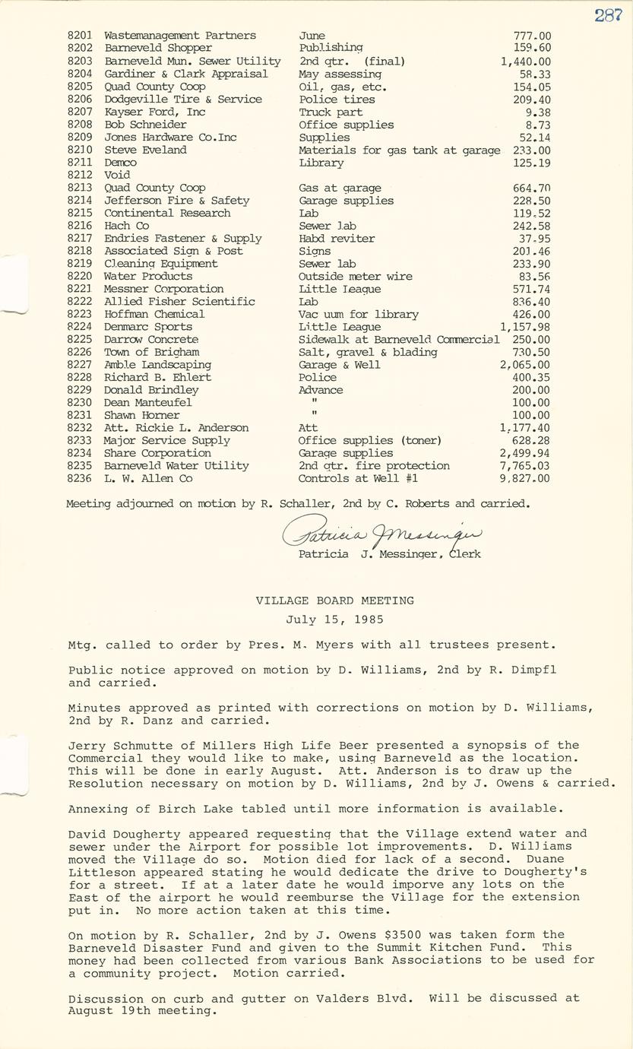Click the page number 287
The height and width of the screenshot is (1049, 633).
(x=608, y=14)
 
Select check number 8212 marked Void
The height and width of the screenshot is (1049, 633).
(x=79, y=175)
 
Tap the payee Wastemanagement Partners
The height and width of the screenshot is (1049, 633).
(x=180, y=36)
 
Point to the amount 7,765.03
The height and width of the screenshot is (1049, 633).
(x=525, y=466)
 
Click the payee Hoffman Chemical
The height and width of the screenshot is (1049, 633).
(x=154, y=314)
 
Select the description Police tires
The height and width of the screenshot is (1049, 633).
(x=337, y=100)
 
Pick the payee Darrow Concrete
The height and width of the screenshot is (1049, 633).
(x=151, y=340)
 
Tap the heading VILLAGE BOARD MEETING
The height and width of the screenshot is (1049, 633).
(x=334, y=601)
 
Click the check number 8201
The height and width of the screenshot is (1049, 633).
(x=79, y=36)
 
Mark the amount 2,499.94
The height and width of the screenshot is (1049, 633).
(x=525, y=454)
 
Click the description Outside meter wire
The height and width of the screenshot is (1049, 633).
(x=355, y=277)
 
